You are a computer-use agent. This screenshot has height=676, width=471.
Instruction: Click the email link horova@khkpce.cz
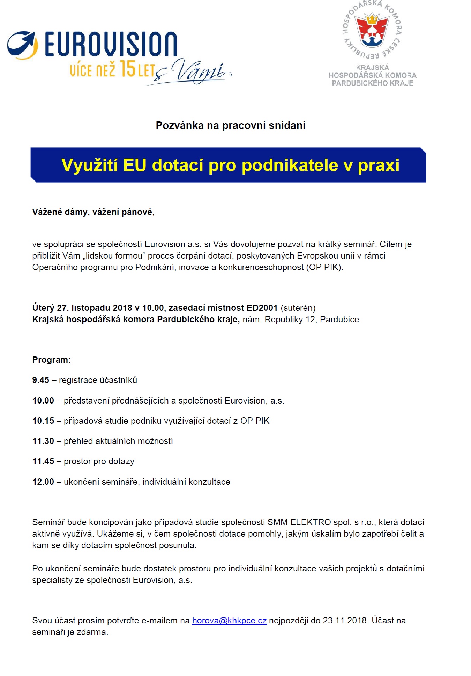coord(229,620)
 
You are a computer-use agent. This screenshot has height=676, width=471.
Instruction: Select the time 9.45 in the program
coord(40,380)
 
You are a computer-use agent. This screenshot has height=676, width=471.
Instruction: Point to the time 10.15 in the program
coord(43,421)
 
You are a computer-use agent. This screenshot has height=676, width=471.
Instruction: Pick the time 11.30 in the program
coord(43,441)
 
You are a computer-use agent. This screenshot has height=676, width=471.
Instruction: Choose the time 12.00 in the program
coord(43,482)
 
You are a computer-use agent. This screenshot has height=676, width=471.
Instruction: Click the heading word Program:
coord(51,360)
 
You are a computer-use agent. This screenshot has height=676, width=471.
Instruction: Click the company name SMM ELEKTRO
coord(299,522)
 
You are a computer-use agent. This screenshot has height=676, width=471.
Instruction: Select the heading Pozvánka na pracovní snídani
coord(230,125)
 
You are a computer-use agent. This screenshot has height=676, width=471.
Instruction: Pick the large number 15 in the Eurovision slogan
coord(127,69)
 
